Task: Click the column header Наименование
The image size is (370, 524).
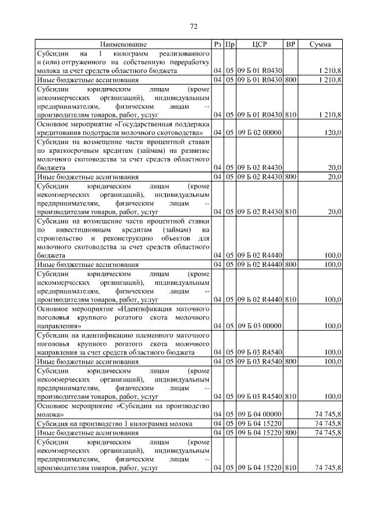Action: (123, 44)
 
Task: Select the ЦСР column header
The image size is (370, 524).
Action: (260, 44)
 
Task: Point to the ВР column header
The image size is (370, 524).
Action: (290, 44)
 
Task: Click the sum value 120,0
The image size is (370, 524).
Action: (332, 133)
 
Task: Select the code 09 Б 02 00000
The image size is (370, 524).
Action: (259, 133)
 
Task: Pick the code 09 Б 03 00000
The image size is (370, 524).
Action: (259, 326)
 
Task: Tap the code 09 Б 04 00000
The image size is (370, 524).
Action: (259, 414)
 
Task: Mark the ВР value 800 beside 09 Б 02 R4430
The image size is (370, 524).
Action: (290, 177)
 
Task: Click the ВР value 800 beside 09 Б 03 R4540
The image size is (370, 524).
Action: (290, 361)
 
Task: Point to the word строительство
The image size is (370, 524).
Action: (59, 238)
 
